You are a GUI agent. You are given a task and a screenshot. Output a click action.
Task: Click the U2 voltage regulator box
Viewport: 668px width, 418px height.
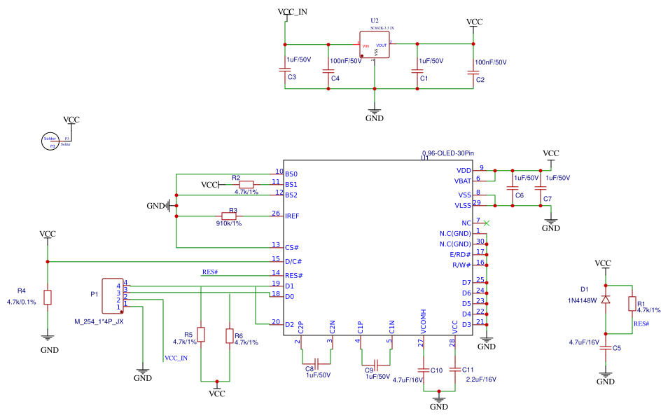tap(375, 46)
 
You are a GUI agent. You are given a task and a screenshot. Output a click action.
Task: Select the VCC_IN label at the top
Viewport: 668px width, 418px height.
tap(292, 12)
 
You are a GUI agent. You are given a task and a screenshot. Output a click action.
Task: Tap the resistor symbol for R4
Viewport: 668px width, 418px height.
tap(48, 298)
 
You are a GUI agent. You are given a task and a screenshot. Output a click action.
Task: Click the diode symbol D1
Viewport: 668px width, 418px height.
tap(606, 299)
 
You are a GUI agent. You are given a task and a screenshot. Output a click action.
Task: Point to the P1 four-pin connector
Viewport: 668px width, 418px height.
tap(112, 295)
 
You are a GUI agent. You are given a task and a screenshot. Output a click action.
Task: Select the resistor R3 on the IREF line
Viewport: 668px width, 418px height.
tap(230, 216)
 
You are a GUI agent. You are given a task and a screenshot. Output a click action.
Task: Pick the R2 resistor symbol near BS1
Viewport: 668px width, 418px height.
tap(246, 184)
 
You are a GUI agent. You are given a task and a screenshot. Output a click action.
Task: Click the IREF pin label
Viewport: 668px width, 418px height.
tap(292, 216)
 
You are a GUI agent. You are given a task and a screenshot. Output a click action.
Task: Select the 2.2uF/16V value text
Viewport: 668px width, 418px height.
tap(480, 379)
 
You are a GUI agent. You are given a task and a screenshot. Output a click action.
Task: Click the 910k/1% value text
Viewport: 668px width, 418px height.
tap(229, 223)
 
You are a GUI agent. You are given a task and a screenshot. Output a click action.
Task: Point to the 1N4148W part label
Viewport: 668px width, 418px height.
tap(583, 300)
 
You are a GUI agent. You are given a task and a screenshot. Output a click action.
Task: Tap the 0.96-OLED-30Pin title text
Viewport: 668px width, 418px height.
tap(448, 152)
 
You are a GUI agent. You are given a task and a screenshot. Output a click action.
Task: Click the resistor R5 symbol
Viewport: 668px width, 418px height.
tap(201, 335)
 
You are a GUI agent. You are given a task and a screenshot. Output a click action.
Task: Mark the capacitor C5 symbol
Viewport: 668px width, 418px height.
tap(606, 348)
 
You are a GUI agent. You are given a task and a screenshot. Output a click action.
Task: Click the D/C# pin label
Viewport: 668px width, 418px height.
tap(293, 261)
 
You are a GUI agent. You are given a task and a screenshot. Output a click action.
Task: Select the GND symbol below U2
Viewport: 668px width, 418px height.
tap(375, 113)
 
